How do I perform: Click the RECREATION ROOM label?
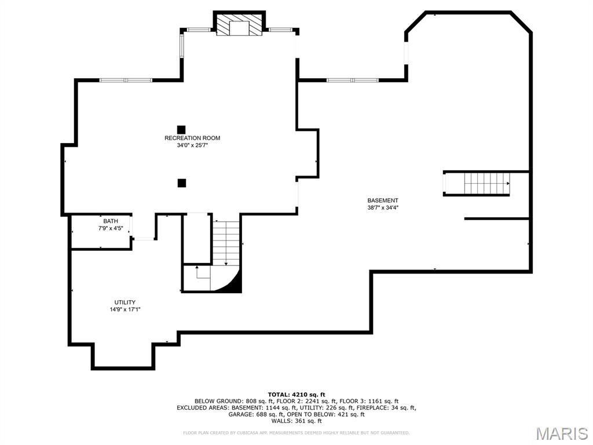192,138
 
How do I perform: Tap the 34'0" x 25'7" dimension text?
192,145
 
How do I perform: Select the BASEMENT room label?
383,200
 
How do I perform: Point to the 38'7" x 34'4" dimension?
383,208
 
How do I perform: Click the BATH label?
110,221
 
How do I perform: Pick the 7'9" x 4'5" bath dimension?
110,229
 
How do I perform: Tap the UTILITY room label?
125,302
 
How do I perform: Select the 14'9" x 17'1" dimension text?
125,309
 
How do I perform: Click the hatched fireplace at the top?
240,25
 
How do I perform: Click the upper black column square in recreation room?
181,129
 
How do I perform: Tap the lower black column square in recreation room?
182,183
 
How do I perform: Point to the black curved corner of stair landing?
233,283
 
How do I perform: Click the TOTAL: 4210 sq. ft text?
296,394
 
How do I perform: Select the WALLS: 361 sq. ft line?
296,421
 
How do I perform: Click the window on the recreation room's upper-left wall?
126,80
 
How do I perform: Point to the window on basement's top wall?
352,80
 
